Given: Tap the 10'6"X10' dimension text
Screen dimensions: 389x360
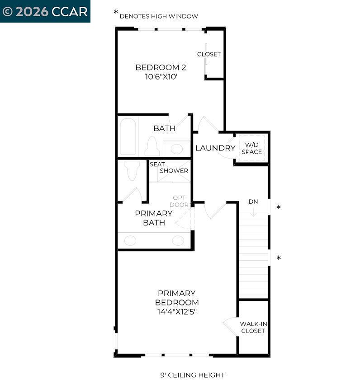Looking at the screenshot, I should tap(161, 77).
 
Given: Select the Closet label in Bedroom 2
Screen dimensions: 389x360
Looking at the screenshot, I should tap(209, 54).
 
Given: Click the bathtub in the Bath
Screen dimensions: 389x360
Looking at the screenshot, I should tap(128, 136).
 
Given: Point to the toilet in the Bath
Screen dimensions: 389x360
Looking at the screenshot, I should tap(152, 147).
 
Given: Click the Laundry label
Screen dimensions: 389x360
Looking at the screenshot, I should tap(215, 148).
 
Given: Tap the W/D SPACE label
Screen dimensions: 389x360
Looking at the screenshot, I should tap(251, 148).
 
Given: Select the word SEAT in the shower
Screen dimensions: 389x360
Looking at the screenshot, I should tap(157, 164).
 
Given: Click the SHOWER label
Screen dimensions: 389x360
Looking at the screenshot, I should tap(174, 171).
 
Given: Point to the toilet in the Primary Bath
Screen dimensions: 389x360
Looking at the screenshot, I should tap(132, 170).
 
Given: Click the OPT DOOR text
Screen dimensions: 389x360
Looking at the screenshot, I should tap(179, 202).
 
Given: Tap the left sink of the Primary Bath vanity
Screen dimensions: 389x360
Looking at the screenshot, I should tap(130, 240).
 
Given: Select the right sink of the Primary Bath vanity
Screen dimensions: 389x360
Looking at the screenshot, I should tap(178, 240).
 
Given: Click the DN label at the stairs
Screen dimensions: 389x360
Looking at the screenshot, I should tap(253, 202).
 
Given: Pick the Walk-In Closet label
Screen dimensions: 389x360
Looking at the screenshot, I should tap(253, 327).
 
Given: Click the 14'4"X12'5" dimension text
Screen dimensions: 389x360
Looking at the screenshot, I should tap(176, 312).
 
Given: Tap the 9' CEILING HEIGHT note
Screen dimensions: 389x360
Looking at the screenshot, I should tap(192, 375).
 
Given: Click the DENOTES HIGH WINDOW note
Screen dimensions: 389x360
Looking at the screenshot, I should tap(158, 16).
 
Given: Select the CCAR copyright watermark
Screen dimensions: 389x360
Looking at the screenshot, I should tap(45, 11).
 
